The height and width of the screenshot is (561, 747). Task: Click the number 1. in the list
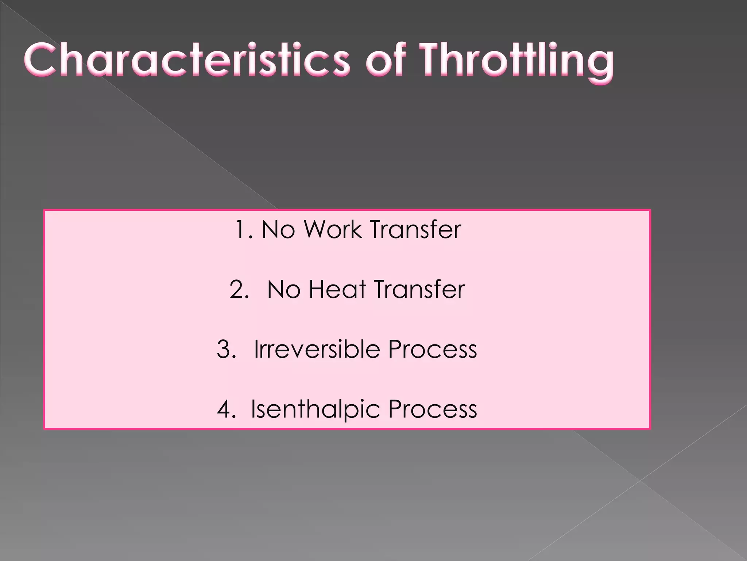(x=244, y=230)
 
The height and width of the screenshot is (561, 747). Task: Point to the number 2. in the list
(x=239, y=290)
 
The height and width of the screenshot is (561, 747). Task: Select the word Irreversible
(x=317, y=349)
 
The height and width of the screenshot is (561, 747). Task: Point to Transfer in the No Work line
(x=415, y=230)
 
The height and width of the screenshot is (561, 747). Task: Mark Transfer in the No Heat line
(x=419, y=290)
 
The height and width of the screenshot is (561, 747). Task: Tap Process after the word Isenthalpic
(x=433, y=409)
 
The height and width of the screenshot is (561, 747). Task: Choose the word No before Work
(x=278, y=230)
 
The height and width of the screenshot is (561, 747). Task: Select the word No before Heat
(x=283, y=290)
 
